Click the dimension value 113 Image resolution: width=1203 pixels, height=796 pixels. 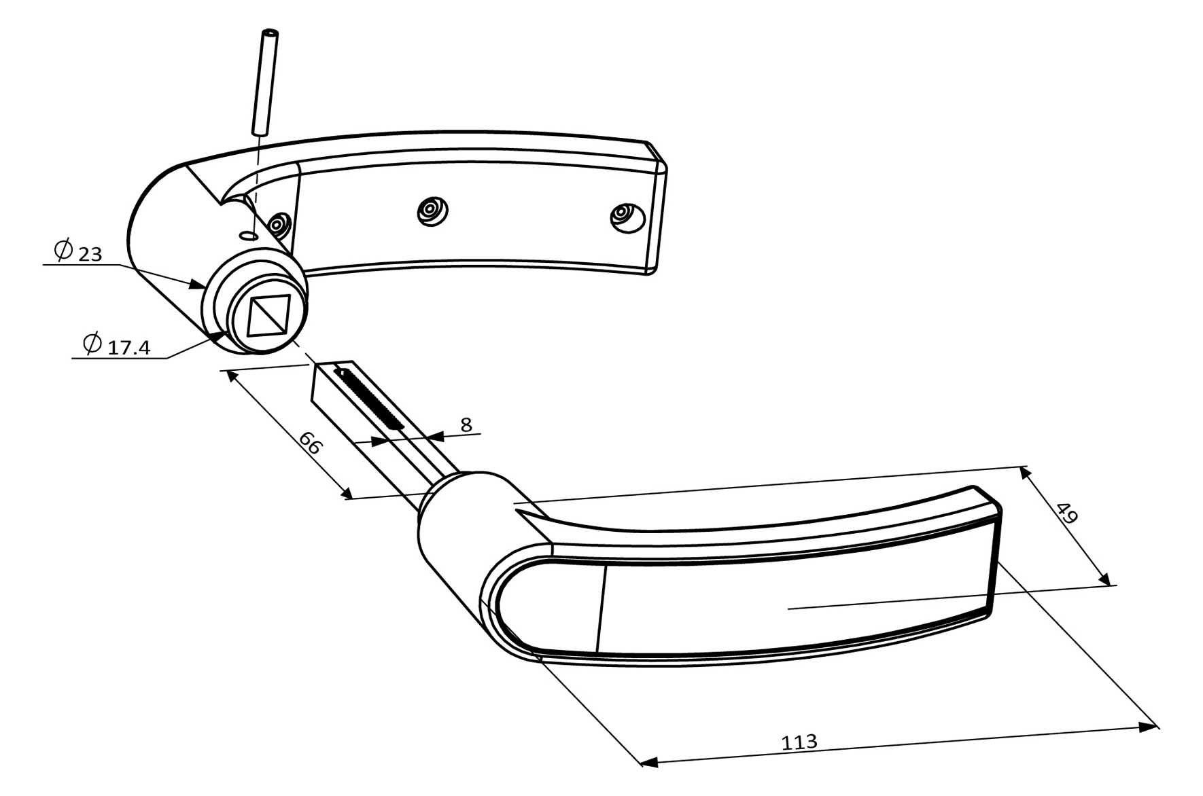click(799, 742)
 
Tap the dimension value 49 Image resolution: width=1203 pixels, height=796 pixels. click(1066, 512)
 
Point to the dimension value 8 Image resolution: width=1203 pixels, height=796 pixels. click(466, 425)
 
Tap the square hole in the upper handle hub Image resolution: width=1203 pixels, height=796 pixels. click(268, 315)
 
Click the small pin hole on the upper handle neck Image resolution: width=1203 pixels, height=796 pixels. click(249, 235)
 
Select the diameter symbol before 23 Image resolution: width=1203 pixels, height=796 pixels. click(63, 251)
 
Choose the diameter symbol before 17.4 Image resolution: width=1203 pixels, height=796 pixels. click(92, 344)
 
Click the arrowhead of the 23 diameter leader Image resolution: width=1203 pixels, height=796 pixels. click(198, 285)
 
